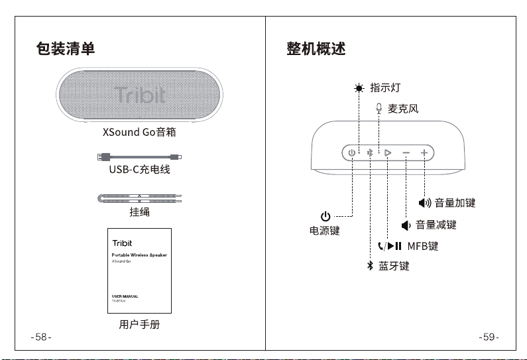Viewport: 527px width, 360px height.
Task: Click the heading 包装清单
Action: click(65, 48)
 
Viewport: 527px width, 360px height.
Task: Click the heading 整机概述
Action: click(316, 48)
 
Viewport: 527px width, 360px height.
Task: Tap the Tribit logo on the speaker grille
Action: click(139, 94)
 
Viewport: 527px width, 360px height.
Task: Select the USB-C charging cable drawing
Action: click(139, 156)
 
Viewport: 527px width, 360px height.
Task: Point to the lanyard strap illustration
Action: click(139, 198)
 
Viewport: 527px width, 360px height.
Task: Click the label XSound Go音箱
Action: click(139, 132)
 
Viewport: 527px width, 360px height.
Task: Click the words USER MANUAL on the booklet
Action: click(125, 296)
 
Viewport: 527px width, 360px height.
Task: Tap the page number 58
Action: click(41, 337)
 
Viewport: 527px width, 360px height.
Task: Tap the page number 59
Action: click(489, 337)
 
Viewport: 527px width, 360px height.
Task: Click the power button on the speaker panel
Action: click(351, 153)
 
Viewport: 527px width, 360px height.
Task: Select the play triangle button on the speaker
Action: click(388, 153)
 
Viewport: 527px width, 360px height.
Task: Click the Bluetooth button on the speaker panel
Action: click(370, 153)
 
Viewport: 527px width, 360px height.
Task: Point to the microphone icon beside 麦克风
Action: click(379, 108)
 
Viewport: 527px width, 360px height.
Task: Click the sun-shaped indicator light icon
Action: click(359, 88)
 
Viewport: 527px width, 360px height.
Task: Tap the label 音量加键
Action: click(455, 203)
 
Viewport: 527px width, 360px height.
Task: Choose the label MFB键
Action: click(423, 246)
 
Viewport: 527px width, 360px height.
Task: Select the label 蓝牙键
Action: click(394, 266)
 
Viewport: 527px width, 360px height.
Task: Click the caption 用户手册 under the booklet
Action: click(139, 324)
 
